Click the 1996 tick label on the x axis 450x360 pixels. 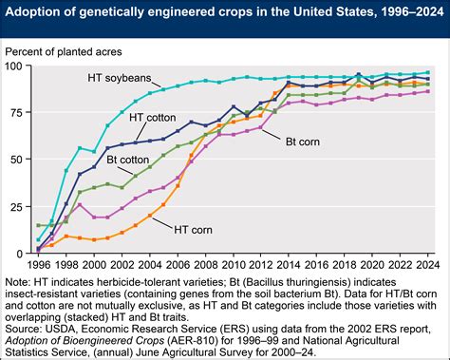point(39,265)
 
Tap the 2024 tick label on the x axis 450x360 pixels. point(426,265)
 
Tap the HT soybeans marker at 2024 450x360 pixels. point(426,72)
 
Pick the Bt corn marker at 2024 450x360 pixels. point(426,91)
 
